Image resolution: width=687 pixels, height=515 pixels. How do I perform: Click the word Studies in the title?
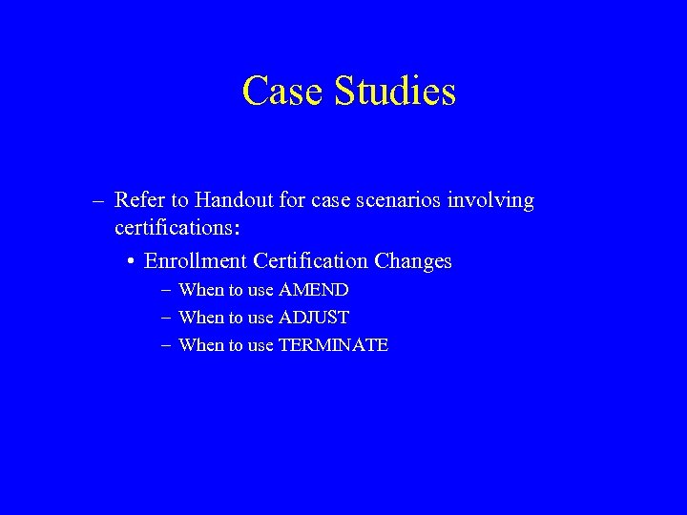click(x=396, y=92)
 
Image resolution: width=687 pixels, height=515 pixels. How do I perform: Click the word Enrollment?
click(x=196, y=260)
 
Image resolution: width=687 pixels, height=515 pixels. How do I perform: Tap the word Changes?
click(x=414, y=260)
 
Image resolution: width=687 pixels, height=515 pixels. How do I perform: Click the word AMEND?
click(x=313, y=290)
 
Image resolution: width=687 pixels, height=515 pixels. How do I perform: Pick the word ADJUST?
click(x=313, y=318)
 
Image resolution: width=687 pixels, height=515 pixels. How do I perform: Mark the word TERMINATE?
click(x=333, y=345)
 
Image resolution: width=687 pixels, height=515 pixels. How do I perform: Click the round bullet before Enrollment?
click(x=129, y=261)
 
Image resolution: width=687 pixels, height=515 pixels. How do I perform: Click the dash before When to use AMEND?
click(x=166, y=290)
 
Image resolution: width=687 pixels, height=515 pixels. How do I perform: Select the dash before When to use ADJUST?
click(x=166, y=318)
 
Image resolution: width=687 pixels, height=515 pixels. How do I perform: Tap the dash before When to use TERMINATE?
click(x=166, y=345)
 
